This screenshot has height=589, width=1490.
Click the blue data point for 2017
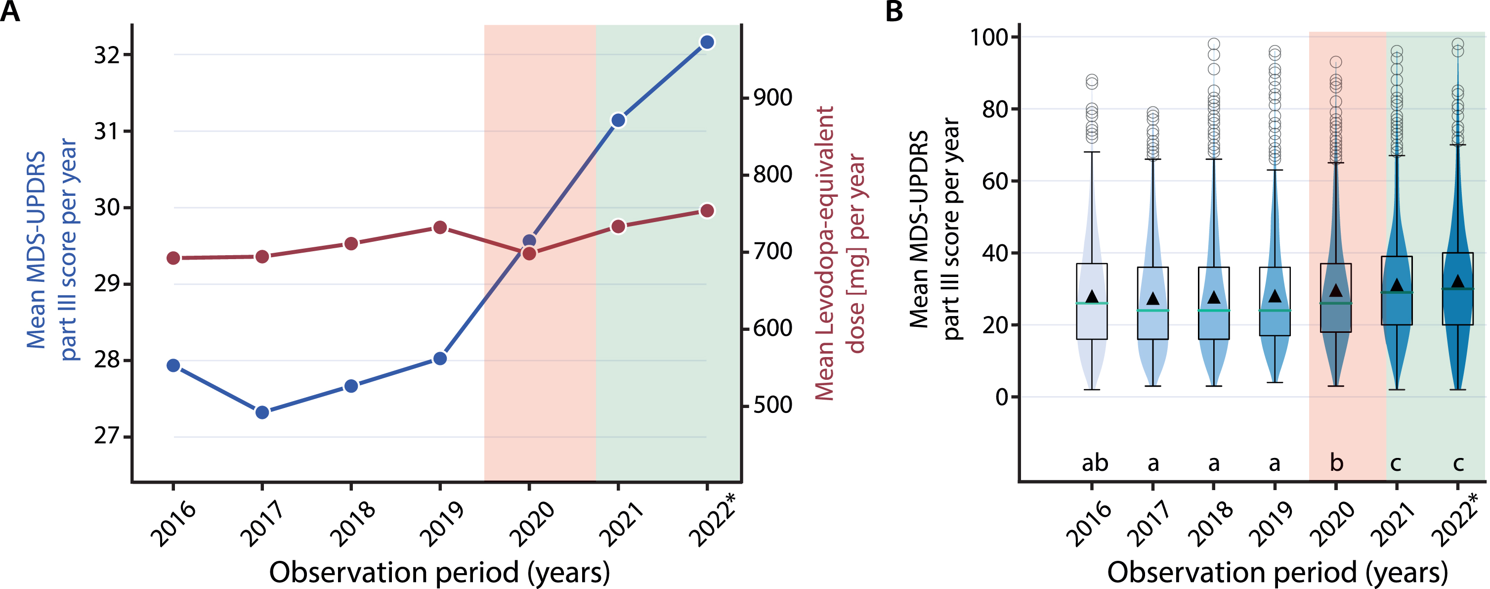(x=262, y=412)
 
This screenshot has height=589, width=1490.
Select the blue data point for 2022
(x=707, y=42)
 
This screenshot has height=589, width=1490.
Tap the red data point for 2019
(x=440, y=227)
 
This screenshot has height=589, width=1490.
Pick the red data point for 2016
(x=173, y=258)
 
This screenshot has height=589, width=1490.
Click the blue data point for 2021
(x=618, y=120)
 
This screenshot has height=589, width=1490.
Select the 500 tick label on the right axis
(x=772, y=405)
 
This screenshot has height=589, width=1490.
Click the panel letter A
(x=10, y=11)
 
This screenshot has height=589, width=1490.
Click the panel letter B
(x=894, y=11)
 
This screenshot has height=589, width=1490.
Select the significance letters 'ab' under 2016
(x=1095, y=463)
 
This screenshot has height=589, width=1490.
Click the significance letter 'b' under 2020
(x=1336, y=463)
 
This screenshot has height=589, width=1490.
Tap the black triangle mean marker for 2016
(x=1092, y=297)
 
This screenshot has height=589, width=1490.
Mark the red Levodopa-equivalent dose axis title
(x=840, y=253)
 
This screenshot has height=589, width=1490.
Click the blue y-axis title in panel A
(x=51, y=249)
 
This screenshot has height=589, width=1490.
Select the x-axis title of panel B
(x=1277, y=572)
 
